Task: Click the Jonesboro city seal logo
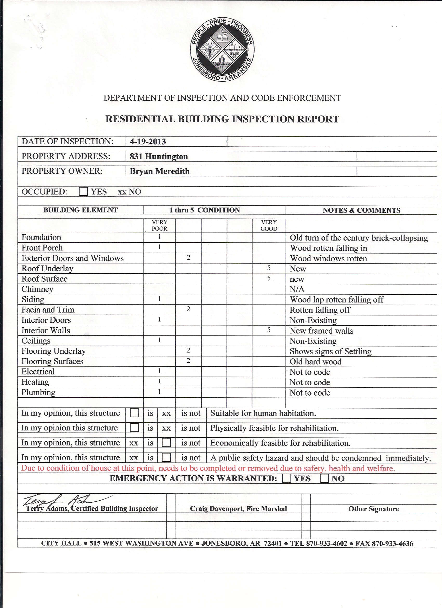click(222, 50)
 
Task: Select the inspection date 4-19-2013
click(148, 141)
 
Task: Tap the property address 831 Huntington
click(159, 157)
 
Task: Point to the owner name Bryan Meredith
click(160, 171)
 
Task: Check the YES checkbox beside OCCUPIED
click(83, 192)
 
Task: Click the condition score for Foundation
click(159, 237)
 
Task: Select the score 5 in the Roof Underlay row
click(269, 268)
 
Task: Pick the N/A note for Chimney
click(297, 289)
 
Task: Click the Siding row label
click(33, 299)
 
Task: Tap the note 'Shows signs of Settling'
click(330, 351)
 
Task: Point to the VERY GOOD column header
click(269, 225)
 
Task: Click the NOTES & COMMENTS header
click(361, 210)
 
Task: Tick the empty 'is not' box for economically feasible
click(166, 443)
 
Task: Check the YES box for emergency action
click(287, 479)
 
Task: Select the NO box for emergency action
click(324, 479)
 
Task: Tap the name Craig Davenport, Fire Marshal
click(238, 509)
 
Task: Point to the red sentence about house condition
click(208, 469)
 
